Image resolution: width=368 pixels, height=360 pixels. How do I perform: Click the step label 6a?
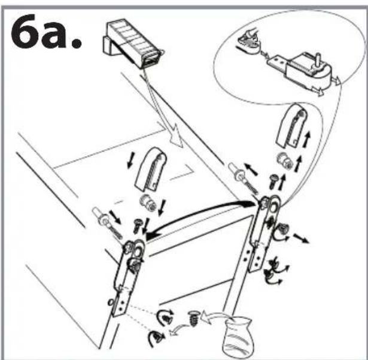(x=45, y=33)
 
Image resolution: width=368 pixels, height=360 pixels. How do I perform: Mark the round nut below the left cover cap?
(x=147, y=204)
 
